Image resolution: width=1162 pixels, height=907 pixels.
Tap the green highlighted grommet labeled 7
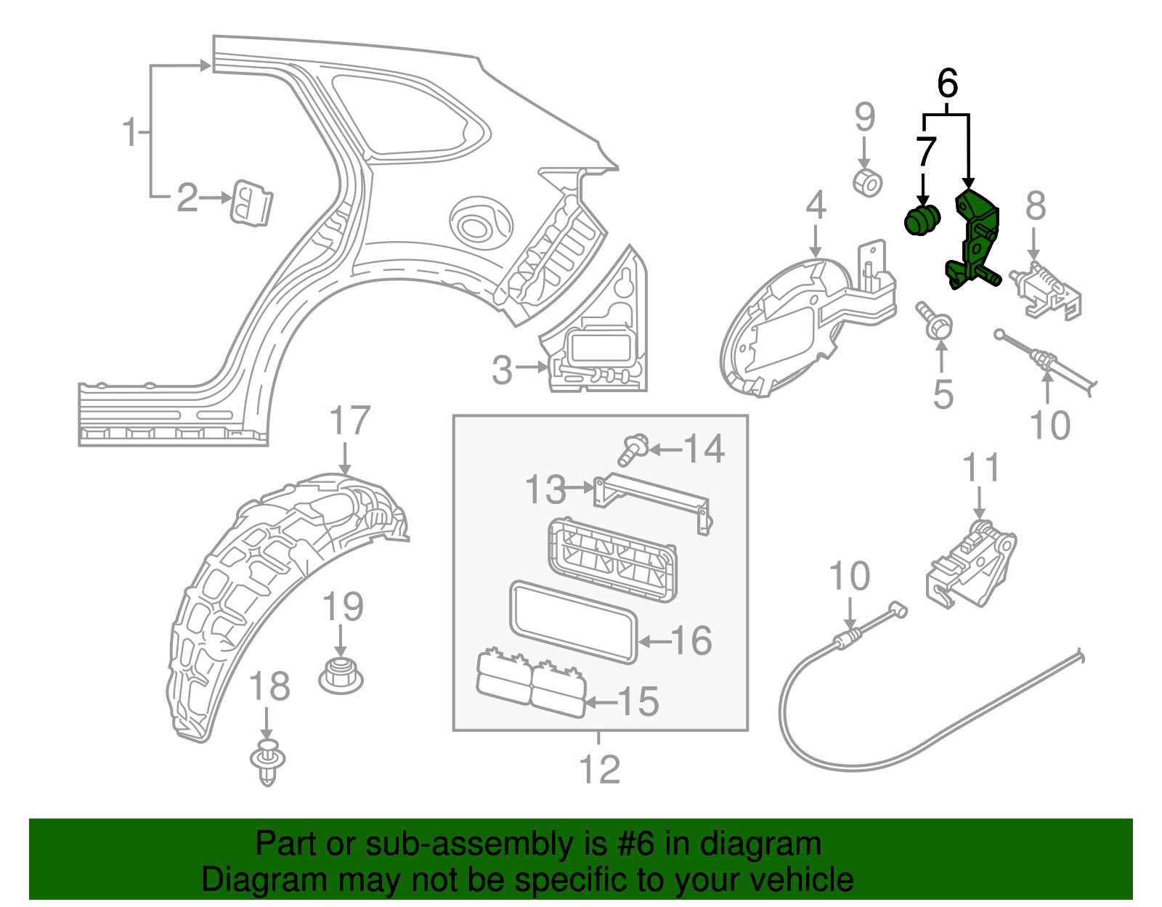pos(921,219)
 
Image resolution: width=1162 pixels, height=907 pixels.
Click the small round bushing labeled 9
pos(867,182)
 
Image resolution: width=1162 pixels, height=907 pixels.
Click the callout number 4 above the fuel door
pos(816,206)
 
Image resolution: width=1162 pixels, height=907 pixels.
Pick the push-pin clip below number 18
pos(268,762)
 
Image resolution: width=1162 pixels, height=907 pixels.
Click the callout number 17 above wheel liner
pos(349,421)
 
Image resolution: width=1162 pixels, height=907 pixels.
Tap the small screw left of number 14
pos(633,450)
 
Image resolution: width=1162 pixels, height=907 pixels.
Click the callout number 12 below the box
pos(599,769)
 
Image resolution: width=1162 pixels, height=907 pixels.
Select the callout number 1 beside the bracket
pos(130,132)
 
